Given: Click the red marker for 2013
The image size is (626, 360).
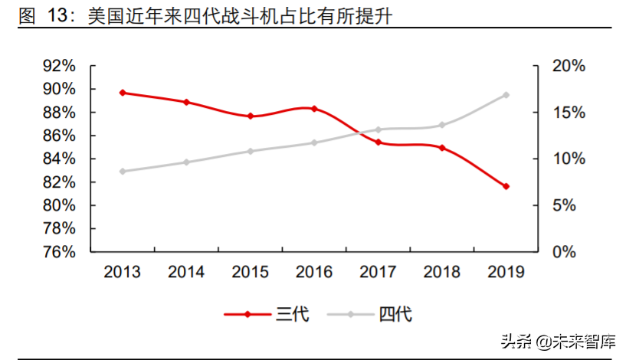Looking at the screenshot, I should click(123, 93).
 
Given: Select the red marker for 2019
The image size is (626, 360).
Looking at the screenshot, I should click(506, 186).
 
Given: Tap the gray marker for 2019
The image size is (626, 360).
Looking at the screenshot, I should click(506, 95).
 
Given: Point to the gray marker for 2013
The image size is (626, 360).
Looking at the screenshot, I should click(123, 172).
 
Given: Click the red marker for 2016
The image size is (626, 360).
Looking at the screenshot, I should click(314, 109).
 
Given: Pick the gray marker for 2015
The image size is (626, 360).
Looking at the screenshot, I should click(251, 151).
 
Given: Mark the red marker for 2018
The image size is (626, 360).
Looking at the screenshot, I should click(442, 148).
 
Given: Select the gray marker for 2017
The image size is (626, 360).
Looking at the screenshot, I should click(378, 129).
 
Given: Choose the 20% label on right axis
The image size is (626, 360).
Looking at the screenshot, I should click(569, 67).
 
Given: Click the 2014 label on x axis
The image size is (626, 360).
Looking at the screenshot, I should click(186, 272).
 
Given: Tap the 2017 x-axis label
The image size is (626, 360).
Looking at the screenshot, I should click(378, 272).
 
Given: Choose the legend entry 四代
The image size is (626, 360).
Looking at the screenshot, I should click(370, 314).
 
